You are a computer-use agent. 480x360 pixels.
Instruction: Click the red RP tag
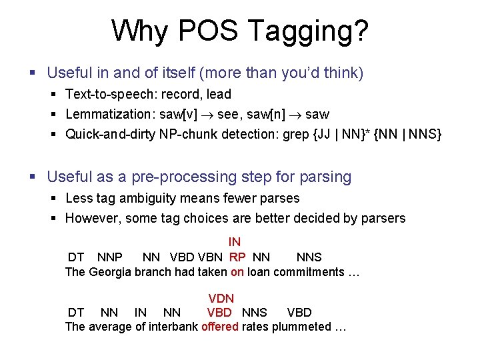click(x=237, y=257)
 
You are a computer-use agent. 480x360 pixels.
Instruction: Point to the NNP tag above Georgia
click(x=109, y=257)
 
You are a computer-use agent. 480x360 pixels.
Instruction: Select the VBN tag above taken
click(x=211, y=257)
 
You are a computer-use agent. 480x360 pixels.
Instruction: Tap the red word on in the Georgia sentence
click(x=237, y=272)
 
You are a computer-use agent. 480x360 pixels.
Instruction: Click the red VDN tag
click(x=221, y=299)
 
